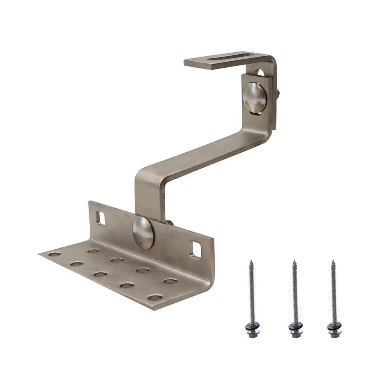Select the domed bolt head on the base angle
click(x=143, y=233)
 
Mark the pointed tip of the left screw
click(x=251, y=260)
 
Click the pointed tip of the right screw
click(x=332, y=261)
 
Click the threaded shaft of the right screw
click(x=332, y=290)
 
